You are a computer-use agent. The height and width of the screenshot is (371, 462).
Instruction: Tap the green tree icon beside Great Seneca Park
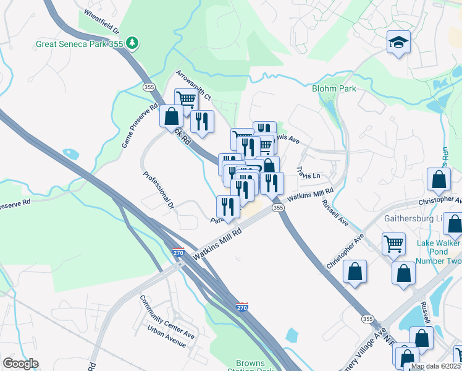[x=132, y=43]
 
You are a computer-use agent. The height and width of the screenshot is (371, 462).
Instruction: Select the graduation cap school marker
[x=398, y=43]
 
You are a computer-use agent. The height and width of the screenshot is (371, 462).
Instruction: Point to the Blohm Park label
[x=334, y=88]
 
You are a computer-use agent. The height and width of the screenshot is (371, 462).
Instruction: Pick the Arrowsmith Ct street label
[x=193, y=85]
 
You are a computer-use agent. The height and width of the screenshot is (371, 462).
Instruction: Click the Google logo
[x=20, y=364]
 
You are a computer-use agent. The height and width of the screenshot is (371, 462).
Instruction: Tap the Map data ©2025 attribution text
[x=436, y=366]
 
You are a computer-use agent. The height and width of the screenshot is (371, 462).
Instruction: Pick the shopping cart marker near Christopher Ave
[x=393, y=243]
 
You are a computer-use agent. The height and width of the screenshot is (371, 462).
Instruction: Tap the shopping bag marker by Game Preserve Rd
[x=171, y=116]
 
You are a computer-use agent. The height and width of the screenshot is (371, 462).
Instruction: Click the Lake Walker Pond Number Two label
[x=439, y=252]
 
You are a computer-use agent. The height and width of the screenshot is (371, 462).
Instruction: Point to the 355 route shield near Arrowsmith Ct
[x=148, y=88]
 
